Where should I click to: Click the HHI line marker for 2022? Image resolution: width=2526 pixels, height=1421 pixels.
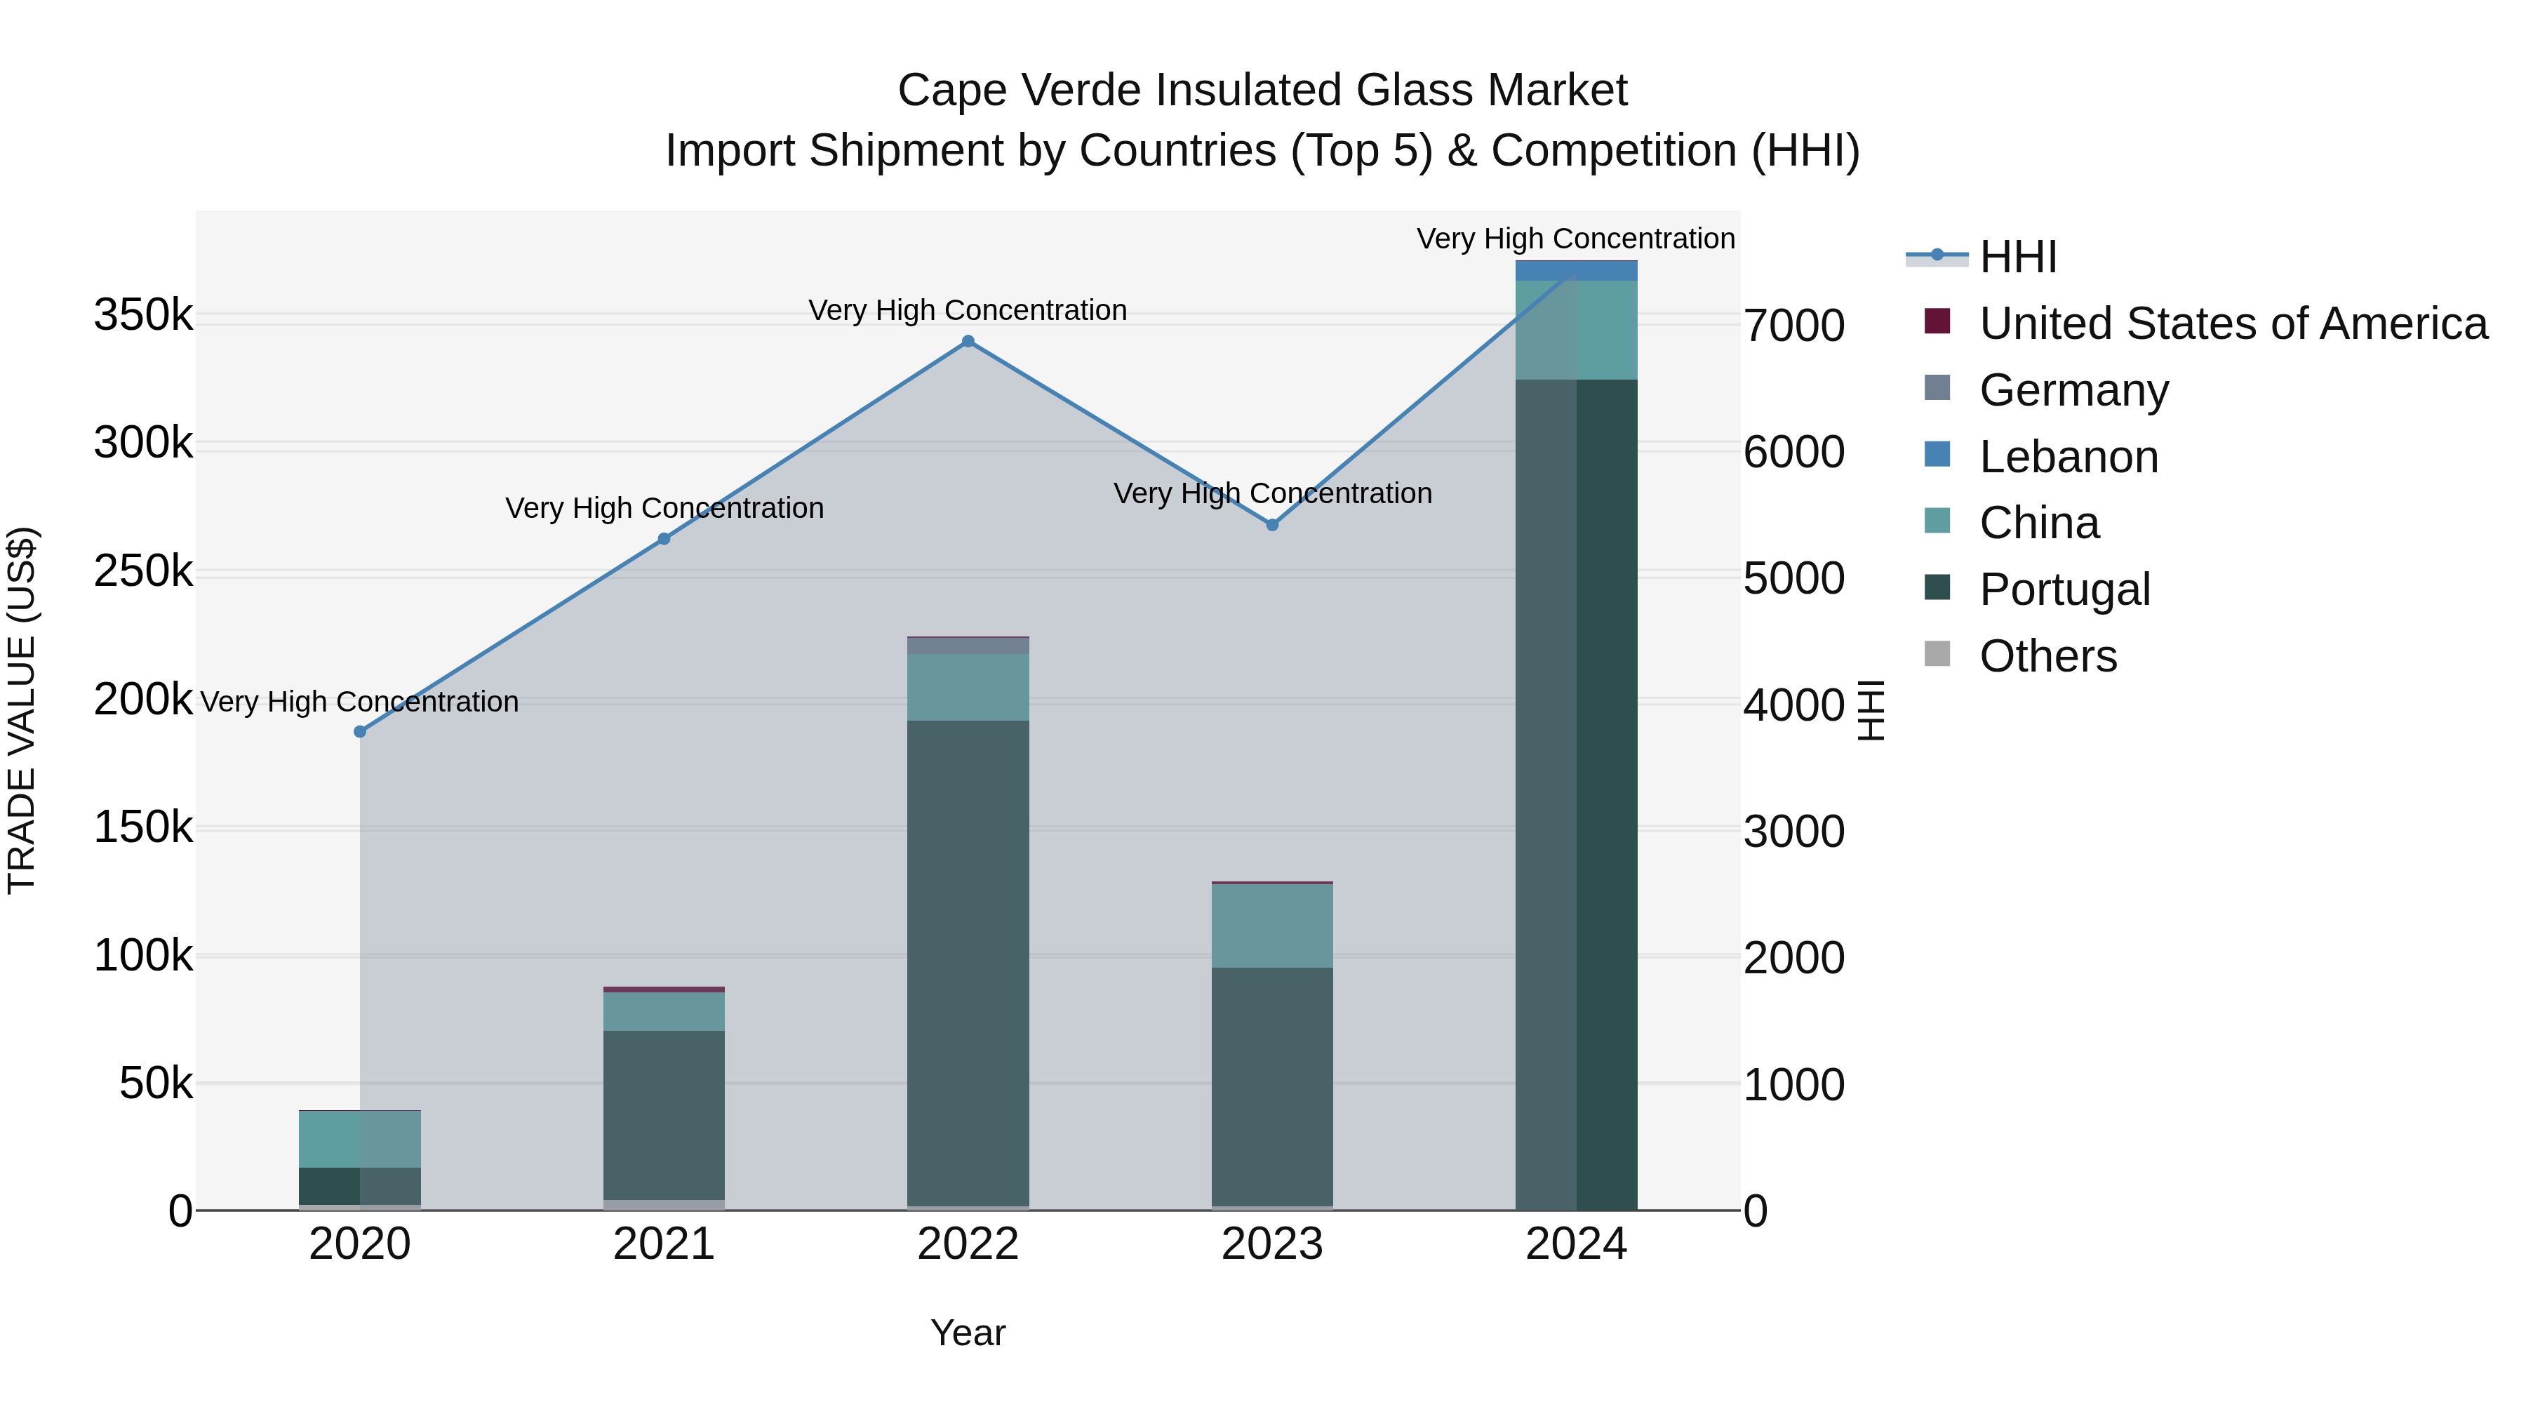pyautogui.click(x=968, y=341)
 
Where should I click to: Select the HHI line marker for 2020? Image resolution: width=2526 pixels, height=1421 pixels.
pyautogui.click(x=360, y=732)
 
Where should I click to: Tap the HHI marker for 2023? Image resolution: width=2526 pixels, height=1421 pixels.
pyautogui.click(x=1272, y=525)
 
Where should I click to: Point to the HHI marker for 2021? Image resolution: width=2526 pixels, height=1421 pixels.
pyautogui.click(x=664, y=538)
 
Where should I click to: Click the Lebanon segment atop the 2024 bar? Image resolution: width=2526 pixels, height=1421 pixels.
pyautogui.click(x=1576, y=271)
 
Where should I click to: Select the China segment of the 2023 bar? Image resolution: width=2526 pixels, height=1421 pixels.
pyautogui.click(x=1272, y=926)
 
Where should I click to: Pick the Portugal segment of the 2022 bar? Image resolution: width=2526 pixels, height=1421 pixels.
pyautogui.click(x=968, y=961)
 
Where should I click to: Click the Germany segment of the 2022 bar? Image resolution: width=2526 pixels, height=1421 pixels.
pyautogui.click(x=968, y=646)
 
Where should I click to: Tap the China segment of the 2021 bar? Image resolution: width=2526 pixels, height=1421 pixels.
pyautogui.click(x=664, y=1011)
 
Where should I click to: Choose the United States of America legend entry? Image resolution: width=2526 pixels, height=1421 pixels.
pyautogui.click(x=2233, y=323)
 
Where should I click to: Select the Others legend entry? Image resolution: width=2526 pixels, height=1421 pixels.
pyautogui.click(x=2047, y=656)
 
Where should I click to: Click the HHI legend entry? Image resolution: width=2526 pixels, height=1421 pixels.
pyautogui.click(x=2017, y=257)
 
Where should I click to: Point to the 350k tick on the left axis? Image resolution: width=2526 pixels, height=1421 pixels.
pyautogui.click(x=143, y=316)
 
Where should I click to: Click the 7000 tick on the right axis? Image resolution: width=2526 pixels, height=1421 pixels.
pyautogui.click(x=1793, y=326)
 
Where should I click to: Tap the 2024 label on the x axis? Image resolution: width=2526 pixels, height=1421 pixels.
pyautogui.click(x=1576, y=1244)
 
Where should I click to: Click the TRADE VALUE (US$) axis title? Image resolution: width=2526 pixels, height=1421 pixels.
pyautogui.click(x=22, y=710)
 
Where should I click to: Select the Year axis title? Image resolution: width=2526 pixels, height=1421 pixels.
pyautogui.click(x=968, y=1333)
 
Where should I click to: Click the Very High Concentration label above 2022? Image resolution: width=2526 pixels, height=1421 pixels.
pyautogui.click(x=968, y=310)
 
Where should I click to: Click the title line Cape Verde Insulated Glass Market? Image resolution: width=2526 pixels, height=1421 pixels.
pyautogui.click(x=1262, y=91)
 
